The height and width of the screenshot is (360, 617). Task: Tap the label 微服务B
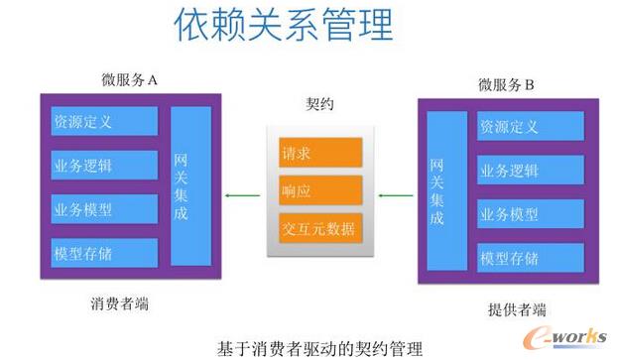(506, 84)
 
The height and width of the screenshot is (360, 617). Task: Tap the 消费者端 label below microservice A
(119, 303)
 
